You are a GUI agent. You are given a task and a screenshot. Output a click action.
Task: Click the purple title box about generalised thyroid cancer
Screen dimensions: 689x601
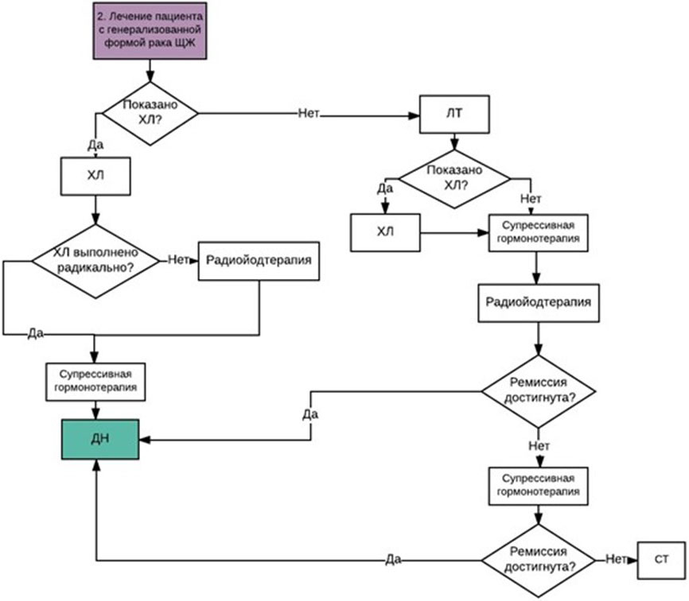pos(150,31)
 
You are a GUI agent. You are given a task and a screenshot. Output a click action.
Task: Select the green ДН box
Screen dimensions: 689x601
pos(100,440)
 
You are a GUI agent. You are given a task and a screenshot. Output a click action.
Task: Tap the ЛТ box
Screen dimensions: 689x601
pos(454,114)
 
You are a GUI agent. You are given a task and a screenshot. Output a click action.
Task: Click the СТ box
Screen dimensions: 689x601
pos(661,560)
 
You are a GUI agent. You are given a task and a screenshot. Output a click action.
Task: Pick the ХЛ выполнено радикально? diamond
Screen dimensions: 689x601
pos(95,262)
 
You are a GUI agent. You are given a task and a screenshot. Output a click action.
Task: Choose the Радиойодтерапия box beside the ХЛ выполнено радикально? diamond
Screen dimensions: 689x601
pos(259,261)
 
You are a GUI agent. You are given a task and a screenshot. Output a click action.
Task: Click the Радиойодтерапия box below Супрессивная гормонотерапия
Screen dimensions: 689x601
pos(539,303)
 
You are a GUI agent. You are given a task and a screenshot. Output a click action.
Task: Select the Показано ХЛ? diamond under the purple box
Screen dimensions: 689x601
pos(150,113)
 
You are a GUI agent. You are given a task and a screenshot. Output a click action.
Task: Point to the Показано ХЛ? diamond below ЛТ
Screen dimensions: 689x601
pos(454,179)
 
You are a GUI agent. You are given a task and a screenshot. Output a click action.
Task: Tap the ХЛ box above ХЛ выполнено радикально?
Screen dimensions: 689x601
pos(95,176)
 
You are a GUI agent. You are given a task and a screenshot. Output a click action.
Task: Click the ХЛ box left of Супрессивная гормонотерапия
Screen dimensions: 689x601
pos(385,233)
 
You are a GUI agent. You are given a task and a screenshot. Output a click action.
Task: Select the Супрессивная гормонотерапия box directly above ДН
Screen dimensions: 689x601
pos(95,382)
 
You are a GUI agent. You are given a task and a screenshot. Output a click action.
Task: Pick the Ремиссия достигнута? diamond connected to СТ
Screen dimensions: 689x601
pos(539,560)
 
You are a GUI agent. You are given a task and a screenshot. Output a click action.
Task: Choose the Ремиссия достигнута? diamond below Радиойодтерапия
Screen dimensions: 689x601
pos(539,391)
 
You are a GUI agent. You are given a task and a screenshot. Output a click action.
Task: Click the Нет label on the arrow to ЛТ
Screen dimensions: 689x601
pos(309,113)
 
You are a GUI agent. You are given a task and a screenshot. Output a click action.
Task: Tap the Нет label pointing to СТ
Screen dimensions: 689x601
pos(616,559)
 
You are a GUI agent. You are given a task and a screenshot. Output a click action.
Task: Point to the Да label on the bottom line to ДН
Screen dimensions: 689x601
pos(393,560)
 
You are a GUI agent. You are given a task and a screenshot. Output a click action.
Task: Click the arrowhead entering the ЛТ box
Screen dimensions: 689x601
pos(414,116)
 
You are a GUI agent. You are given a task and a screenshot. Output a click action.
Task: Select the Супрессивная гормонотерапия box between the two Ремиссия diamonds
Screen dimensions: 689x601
pos(539,486)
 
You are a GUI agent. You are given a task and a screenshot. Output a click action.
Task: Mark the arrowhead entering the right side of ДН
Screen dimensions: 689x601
pos(145,440)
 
